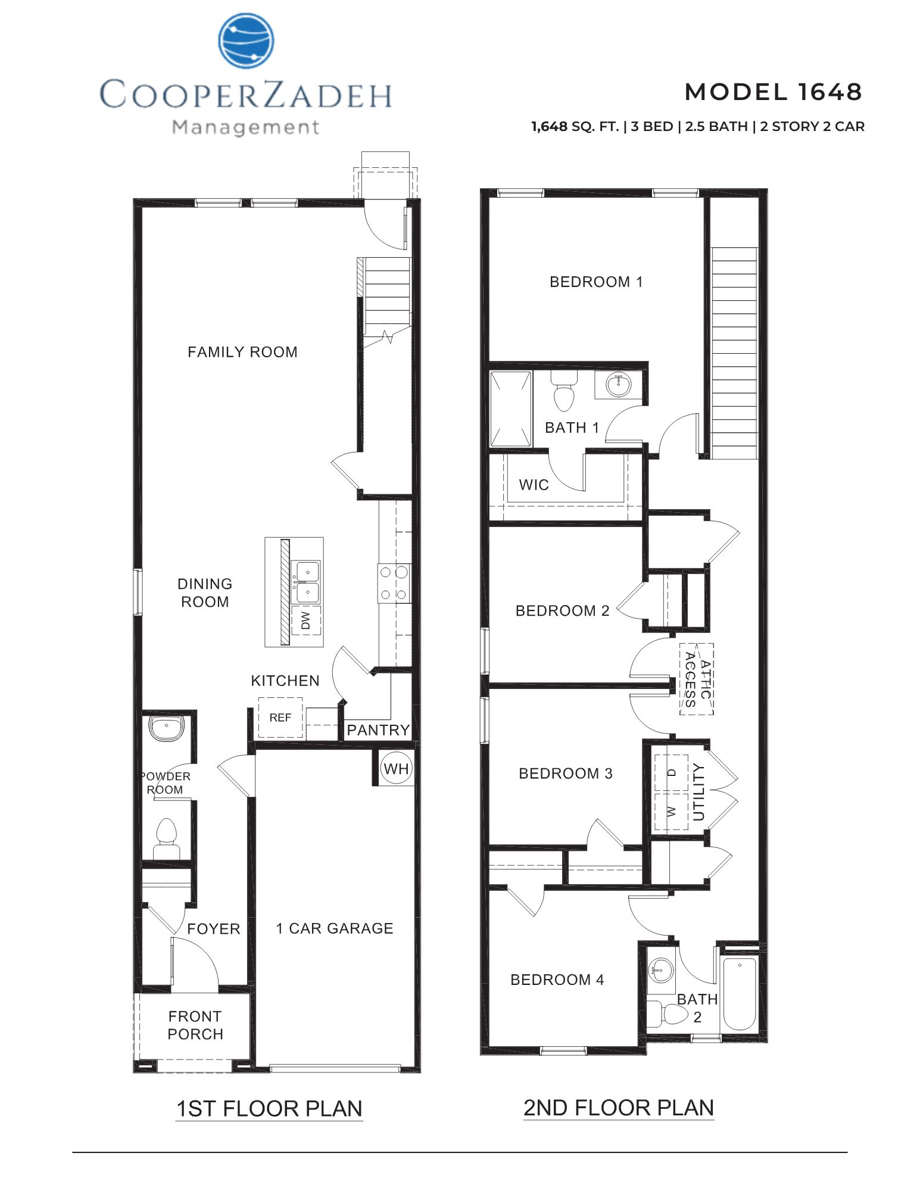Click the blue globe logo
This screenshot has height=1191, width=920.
click(x=247, y=41)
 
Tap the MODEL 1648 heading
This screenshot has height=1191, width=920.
click(x=773, y=92)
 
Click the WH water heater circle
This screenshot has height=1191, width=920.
click(x=396, y=769)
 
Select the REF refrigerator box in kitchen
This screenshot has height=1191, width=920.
click(x=280, y=718)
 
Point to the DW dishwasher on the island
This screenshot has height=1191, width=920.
click(x=306, y=620)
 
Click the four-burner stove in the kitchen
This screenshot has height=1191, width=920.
click(x=394, y=583)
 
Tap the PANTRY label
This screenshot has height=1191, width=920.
click(x=378, y=730)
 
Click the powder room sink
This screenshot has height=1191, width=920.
click(x=166, y=728)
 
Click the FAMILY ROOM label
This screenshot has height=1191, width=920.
click(x=242, y=352)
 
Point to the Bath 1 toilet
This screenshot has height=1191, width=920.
click(x=563, y=391)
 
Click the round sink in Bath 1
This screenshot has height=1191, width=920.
click(x=619, y=385)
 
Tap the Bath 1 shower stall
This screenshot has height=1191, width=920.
click(x=510, y=409)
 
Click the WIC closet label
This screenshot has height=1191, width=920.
click(x=534, y=485)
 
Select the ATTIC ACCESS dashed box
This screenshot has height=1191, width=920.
click(x=697, y=679)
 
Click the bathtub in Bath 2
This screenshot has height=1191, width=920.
click(x=739, y=994)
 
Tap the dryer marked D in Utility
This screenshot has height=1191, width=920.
click(x=671, y=772)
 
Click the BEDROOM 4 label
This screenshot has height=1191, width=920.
click(x=557, y=980)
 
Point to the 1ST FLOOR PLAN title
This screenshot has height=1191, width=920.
click(x=269, y=1109)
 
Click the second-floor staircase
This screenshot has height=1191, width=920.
click(x=734, y=353)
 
